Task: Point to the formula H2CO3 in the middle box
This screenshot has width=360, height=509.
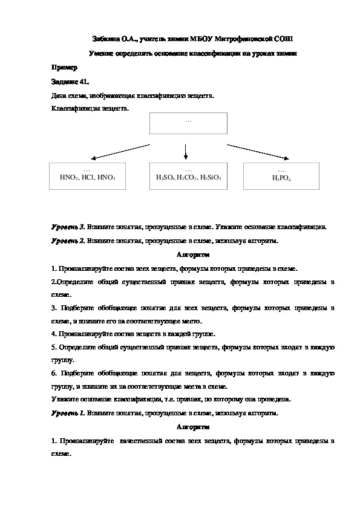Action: (x=188, y=178)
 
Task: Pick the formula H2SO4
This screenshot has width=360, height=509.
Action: (x=165, y=178)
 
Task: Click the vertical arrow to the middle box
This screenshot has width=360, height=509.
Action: (x=186, y=151)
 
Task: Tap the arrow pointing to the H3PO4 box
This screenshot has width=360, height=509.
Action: (x=254, y=151)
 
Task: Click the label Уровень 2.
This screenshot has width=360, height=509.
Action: (x=68, y=241)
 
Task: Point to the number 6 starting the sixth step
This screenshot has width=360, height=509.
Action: (x=53, y=374)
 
